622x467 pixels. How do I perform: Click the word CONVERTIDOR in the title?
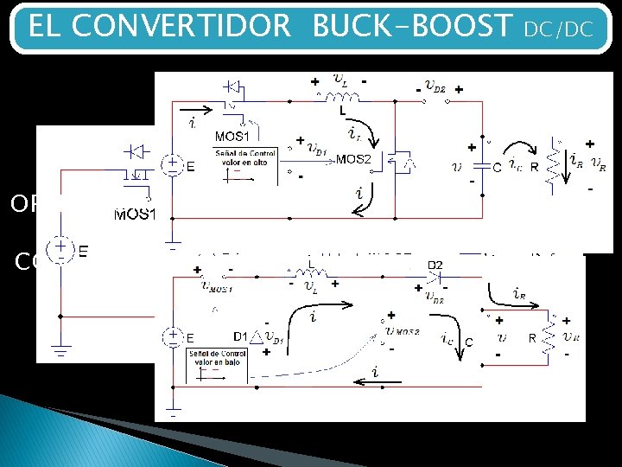click(x=181, y=27)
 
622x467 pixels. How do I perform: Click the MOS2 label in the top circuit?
click(x=353, y=159)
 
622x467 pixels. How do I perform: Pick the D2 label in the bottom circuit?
click(x=435, y=264)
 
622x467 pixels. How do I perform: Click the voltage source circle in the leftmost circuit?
click(x=60, y=250)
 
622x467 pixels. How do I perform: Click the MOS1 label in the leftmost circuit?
click(x=135, y=214)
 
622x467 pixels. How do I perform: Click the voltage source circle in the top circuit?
click(x=174, y=164)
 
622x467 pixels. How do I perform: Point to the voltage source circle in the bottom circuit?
click(x=174, y=336)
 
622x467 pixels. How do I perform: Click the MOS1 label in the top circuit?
click(x=231, y=136)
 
